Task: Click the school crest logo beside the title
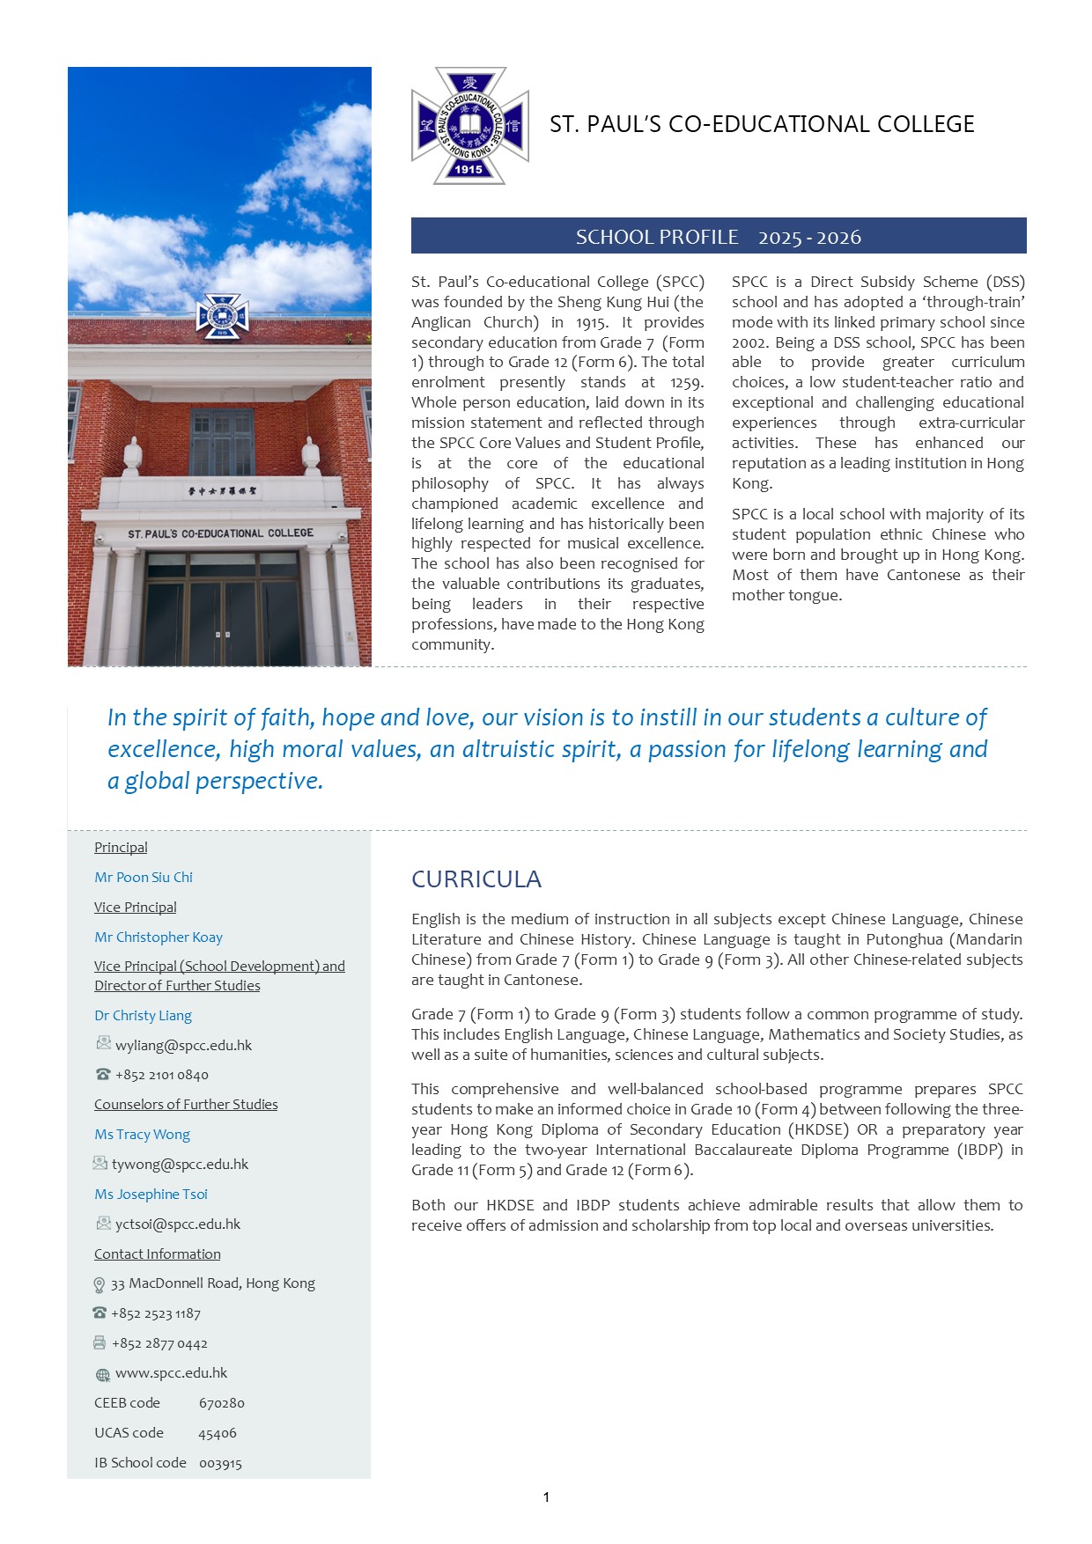point(470,126)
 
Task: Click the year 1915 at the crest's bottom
point(469,169)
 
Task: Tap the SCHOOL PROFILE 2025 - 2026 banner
point(718,237)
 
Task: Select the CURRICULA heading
point(476,879)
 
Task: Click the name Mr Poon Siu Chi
point(144,878)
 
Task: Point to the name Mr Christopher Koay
point(159,937)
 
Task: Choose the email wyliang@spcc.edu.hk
point(183,1046)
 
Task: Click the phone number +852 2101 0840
point(162,1075)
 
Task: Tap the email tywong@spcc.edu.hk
point(180,1165)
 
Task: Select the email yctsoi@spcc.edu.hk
point(178,1224)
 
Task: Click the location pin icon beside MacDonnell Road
point(100,1285)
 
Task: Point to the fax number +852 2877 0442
point(159,1344)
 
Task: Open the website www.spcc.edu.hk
point(171,1373)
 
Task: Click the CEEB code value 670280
point(222,1403)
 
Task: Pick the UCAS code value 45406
point(218,1433)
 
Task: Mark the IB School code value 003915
point(220,1463)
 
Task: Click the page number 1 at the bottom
point(546,1497)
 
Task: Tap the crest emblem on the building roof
point(221,316)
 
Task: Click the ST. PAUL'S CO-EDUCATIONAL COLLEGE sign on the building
point(220,533)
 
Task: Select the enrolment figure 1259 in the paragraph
point(685,383)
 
